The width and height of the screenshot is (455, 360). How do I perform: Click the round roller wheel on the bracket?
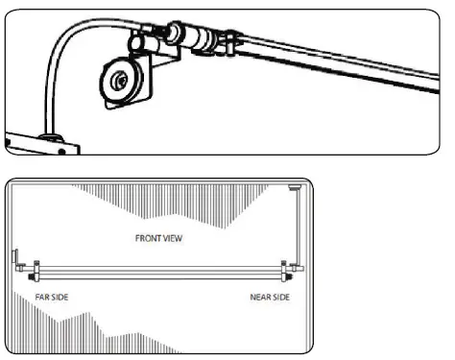tap(119, 81)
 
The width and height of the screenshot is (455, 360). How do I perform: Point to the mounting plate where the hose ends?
tap(38, 143)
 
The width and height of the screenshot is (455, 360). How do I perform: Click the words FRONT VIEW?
tap(162, 234)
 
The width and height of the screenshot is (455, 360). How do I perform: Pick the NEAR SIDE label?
tap(271, 296)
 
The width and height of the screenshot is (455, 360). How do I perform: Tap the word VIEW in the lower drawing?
tap(177, 234)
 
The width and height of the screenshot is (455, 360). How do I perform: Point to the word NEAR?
tap(260, 296)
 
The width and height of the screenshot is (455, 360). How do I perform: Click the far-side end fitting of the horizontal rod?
tap(36, 269)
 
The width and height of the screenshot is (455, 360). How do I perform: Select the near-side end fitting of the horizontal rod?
tap(283, 270)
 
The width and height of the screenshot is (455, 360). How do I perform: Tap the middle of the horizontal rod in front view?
tap(158, 269)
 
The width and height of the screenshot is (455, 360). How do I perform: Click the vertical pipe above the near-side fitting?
tap(299, 230)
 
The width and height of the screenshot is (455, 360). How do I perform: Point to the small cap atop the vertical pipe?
tap(295, 189)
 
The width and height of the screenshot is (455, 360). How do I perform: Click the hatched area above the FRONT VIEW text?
tap(163, 202)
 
